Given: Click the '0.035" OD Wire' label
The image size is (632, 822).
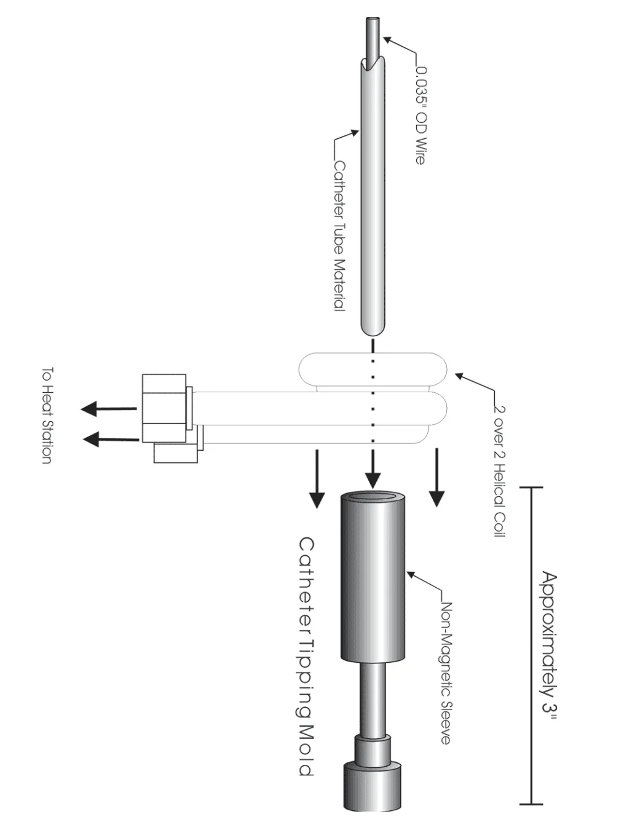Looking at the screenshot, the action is (x=421, y=116).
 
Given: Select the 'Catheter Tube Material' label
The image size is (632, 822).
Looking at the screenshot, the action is (x=339, y=236).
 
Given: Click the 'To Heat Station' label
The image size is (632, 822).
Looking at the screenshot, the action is (x=47, y=415).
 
